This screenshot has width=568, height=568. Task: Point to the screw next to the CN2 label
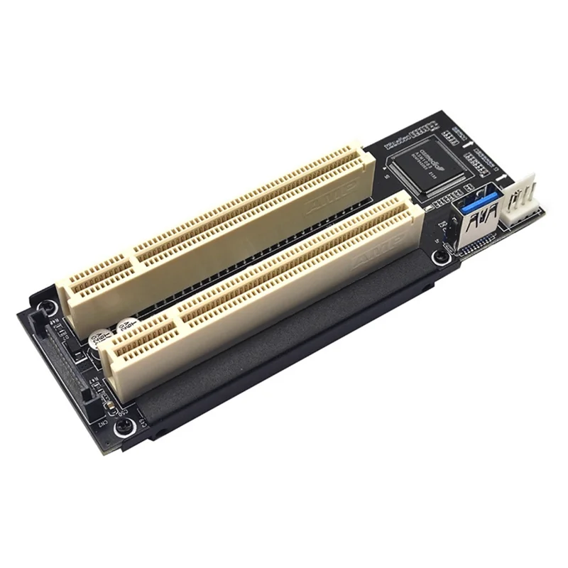125,426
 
